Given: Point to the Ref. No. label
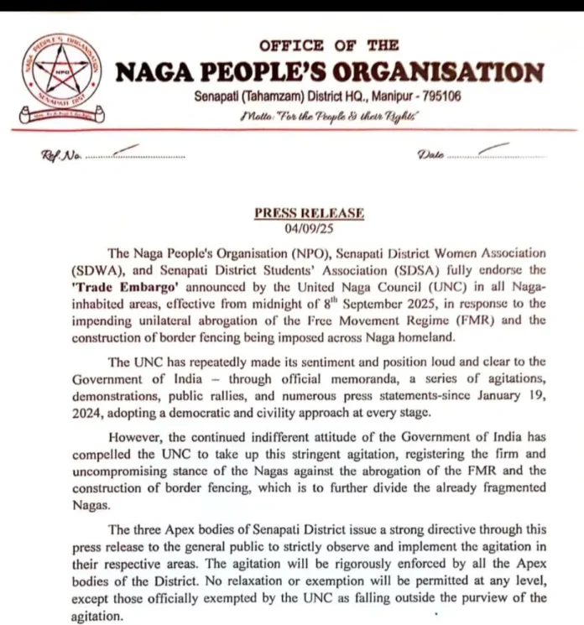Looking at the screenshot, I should click(56, 156).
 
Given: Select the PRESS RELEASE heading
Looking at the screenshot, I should click(309, 213).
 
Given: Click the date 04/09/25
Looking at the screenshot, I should click(309, 228).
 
